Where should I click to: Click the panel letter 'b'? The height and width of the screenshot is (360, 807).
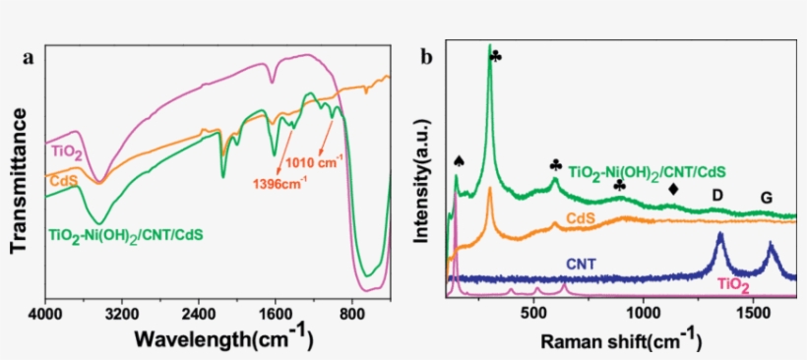pos(426,57)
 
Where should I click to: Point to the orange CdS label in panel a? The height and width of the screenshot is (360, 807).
pos(65,179)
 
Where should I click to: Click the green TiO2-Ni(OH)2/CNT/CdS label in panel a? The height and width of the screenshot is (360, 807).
pos(125,236)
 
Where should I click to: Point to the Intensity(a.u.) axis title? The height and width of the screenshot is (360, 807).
pos(422,177)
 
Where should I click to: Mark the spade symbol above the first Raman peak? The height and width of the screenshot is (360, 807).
pos(458,160)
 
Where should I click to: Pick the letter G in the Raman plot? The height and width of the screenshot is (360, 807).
pos(766,199)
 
